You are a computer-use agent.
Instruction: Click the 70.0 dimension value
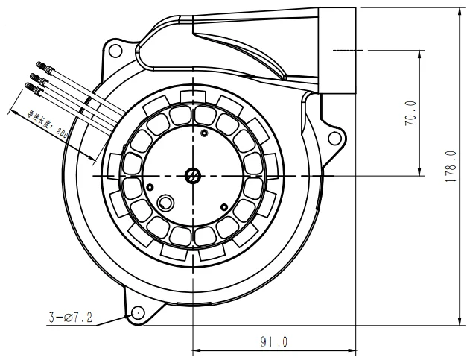[410, 113]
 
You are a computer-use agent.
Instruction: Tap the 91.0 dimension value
[273, 342]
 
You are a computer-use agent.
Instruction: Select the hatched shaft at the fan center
[192, 176]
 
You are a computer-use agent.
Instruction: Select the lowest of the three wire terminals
[29, 87]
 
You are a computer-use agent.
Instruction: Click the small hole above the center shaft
[204, 134]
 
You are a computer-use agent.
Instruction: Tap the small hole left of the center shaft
[150, 186]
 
